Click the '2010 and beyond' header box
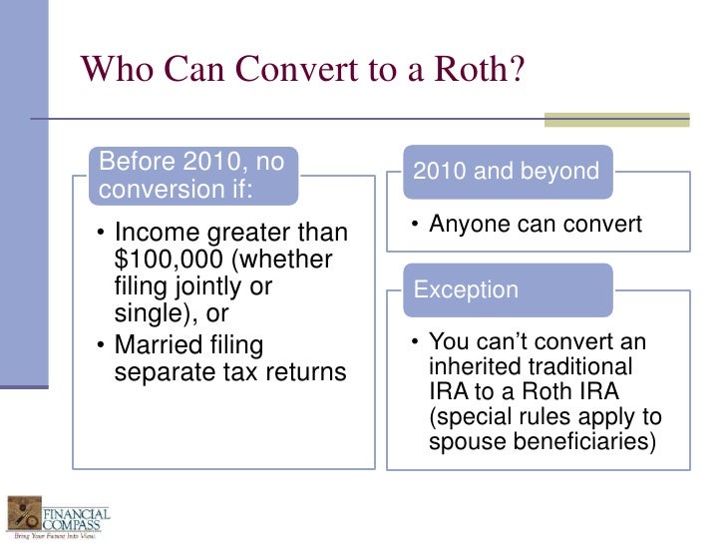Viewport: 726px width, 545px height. [x=506, y=171]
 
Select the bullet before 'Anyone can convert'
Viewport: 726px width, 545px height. [x=417, y=225]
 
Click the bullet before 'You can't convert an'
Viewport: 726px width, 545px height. [x=417, y=342]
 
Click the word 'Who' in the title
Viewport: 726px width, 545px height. [x=114, y=69]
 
